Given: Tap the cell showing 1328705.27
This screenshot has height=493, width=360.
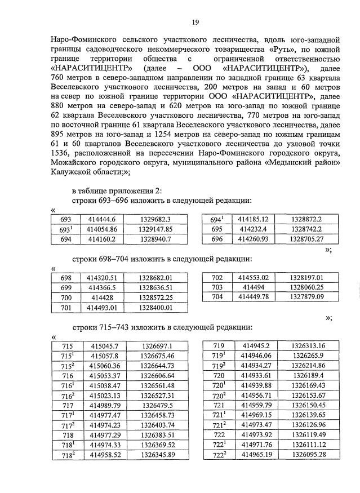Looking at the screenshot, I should (306, 239).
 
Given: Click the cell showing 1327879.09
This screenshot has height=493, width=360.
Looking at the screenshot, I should (306, 297).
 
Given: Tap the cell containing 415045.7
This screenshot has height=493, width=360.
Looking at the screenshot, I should (104, 346).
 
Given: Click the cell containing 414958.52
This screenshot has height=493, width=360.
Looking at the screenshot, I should (104, 455).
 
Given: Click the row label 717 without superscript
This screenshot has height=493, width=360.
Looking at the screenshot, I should (67, 405).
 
